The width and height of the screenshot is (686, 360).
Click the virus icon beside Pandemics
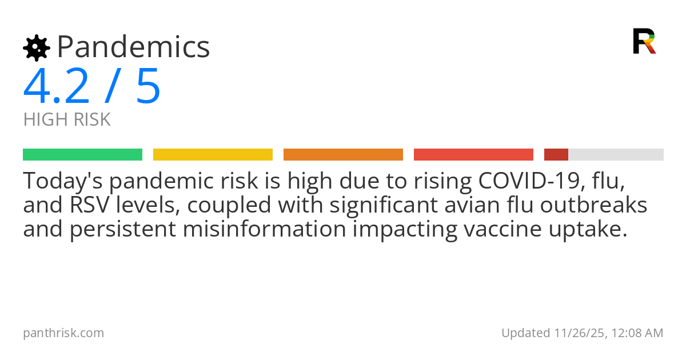click(36, 47)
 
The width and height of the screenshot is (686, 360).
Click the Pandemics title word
click(133, 47)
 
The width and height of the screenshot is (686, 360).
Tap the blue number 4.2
click(57, 87)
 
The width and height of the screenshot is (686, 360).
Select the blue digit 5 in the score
click(148, 87)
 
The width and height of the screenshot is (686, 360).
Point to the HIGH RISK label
click(67, 119)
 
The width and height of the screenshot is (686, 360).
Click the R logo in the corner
click(644, 41)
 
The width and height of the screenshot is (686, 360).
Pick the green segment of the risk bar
click(82, 154)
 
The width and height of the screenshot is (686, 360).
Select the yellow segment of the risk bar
click(213, 154)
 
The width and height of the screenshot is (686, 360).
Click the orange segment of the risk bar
click(343, 154)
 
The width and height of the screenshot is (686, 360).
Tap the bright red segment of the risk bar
click(473, 154)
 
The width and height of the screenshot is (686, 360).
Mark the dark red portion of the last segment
click(556, 154)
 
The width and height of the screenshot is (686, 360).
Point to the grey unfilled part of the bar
click(616, 154)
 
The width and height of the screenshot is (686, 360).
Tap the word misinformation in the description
click(265, 229)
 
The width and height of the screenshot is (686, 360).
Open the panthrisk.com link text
click(63, 333)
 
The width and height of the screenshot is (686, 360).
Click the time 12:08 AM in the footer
click(638, 333)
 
